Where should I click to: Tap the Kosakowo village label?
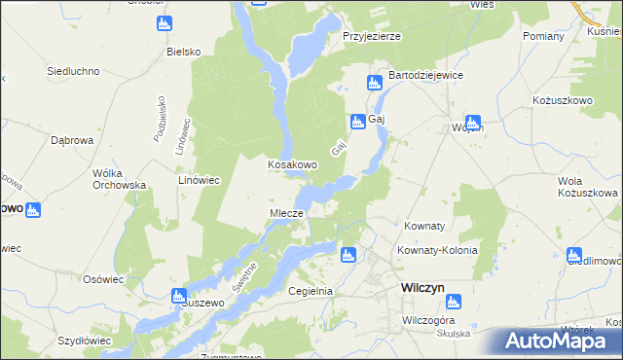pyautogui.click(x=293, y=164)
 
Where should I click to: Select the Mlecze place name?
pyautogui.click(x=286, y=213)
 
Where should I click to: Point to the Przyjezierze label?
pyautogui.click(x=372, y=36)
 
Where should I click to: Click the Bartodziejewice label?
pyautogui.click(x=425, y=75)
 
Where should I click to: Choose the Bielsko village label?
pyautogui.click(x=183, y=51)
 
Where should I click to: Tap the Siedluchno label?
pyautogui.click(x=74, y=71)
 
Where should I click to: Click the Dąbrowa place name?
pyautogui.click(x=71, y=140)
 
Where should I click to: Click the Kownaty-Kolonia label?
pyautogui.click(x=437, y=250)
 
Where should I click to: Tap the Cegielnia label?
pyautogui.click(x=311, y=291)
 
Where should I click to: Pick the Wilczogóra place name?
pyautogui.click(x=429, y=319)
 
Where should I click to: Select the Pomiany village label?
pyautogui.click(x=543, y=36)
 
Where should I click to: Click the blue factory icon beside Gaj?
pyautogui.click(x=356, y=121)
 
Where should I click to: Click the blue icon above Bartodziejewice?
pyautogui.click(x=373, y=83)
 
